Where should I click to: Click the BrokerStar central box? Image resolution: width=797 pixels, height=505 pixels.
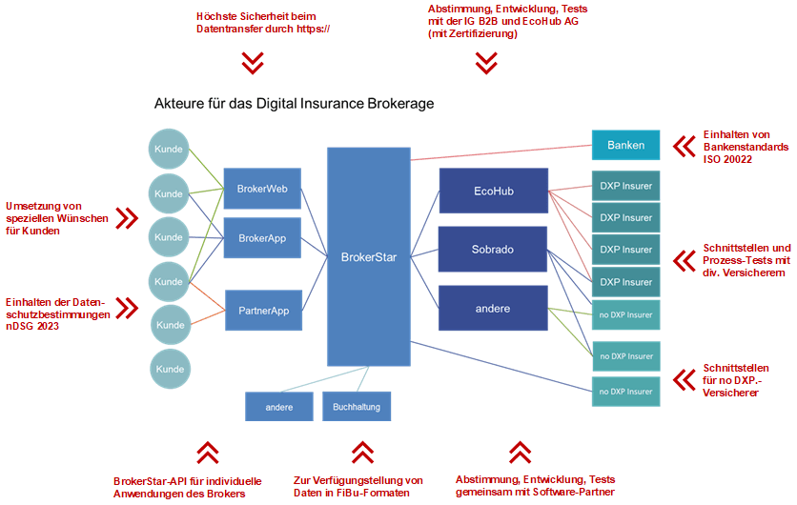coord(368,256)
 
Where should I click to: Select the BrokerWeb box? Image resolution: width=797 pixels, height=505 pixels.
coord(262,189)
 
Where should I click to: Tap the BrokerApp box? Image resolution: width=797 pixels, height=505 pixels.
coord(262,237)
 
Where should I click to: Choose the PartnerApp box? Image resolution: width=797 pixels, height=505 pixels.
coord(263,310)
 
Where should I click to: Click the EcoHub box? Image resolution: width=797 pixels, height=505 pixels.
coord(493,191)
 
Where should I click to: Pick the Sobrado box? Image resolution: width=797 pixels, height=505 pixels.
coord(493,250)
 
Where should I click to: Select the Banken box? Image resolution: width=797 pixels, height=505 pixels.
coord(625,146)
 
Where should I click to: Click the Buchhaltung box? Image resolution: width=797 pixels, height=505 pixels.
coord(356,407)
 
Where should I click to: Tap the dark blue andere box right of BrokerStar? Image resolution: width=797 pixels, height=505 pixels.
coord(493,309)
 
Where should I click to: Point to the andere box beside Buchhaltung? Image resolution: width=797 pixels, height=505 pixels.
coord(278,407)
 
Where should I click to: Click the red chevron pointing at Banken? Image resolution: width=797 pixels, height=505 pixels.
coord(683,146)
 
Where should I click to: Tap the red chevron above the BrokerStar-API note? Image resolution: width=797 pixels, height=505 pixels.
coord(207,451)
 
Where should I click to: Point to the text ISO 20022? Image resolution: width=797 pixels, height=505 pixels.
coord(728,160)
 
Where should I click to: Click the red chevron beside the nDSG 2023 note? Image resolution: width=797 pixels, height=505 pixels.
coord(126,308)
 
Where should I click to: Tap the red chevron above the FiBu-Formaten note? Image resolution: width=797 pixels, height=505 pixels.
coord(362,451)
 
